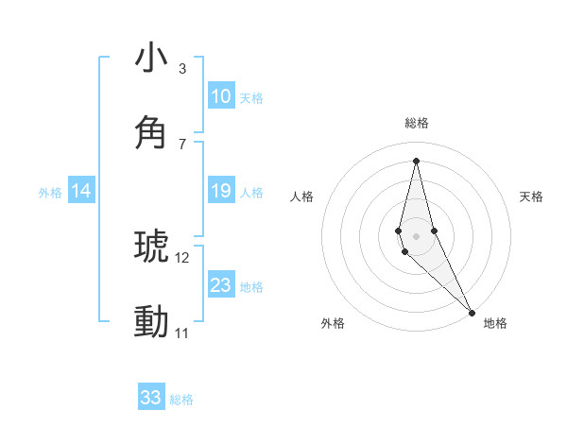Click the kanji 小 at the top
(x=151, y=59)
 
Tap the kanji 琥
(x=151, y=246)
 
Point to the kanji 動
(x=151, y=321)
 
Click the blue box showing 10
(x=220, y=96)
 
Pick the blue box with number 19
(x=220, y=191)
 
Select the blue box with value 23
(x=220, y=285)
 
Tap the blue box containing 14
(x=81, y=191)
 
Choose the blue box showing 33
(x=151, y=398)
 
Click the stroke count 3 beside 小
(x=181, y=69)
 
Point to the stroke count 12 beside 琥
(x=181, y=257)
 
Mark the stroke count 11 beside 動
(x=181, y=333)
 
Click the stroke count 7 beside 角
(x=181, y=144)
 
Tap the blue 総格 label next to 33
(x=181, y=400)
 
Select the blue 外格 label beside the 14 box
(x=50, y=193)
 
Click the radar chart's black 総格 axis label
(x=416, y=123)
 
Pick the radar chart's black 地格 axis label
(x=495, y=323)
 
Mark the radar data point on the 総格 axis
(x=416, y=160)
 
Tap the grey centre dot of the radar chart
(x=416, y=235)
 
